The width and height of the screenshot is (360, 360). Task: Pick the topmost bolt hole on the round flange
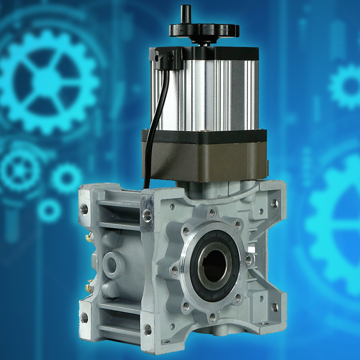(213, 212)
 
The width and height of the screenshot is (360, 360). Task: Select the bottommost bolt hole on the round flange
(213, 317)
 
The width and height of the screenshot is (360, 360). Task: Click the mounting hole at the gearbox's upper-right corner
(275, 204)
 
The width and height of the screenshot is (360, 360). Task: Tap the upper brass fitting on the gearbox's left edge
(87, 238)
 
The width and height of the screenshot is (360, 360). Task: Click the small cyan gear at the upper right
(346, 86)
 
